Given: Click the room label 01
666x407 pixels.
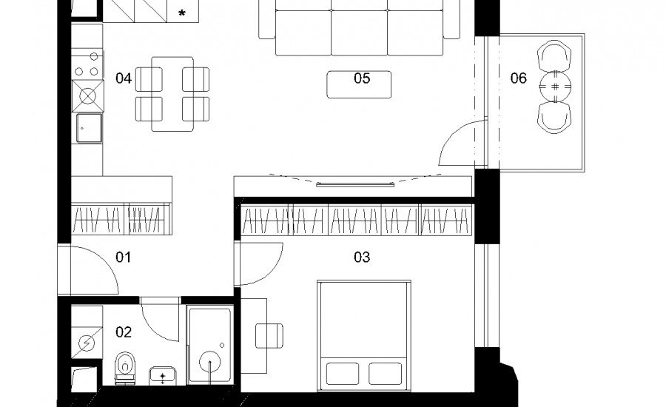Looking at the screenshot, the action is click(x=123, y=257).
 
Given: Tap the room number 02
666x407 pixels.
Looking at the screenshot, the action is click(x=123, y=332).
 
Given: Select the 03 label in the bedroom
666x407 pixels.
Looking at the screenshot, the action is click(x=362, y=257).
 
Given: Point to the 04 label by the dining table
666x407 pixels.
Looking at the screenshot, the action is click(x=123, y=78).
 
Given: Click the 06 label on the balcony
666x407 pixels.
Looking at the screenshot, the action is click(x=518, y=78).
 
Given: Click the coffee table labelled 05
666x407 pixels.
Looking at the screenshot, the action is click(x=359, y=84).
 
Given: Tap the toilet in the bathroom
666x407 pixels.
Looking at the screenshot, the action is click(x=124, y=368).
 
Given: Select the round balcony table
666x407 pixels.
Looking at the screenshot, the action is click(x=555, y=87).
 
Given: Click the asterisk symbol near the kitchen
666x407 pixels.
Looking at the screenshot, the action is click(x=182, y=13).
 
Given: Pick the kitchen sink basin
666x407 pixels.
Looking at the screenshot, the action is click(x=90, y=128).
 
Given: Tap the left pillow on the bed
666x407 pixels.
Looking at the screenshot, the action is click(x=343, y=374).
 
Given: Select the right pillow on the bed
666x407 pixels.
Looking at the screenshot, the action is click(x=386, y=374).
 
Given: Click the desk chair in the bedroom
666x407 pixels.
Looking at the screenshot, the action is click(x=269, y=336).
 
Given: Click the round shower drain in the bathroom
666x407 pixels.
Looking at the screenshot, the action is click(x=210, y=363).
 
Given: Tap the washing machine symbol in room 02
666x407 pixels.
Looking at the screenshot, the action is click(x=87, y=343).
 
